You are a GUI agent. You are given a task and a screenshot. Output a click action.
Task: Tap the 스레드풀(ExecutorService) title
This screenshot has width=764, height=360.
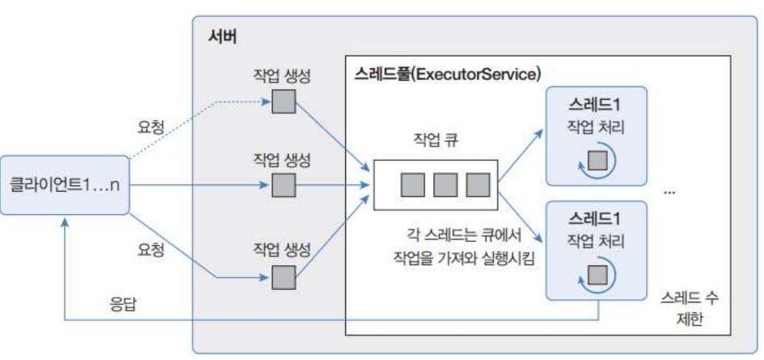click(x=447, y=74)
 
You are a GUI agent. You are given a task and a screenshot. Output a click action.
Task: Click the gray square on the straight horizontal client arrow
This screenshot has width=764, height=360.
click(x=283, y=187)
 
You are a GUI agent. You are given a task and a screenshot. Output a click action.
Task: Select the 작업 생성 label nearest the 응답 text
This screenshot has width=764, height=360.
click(x=282, y=248)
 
